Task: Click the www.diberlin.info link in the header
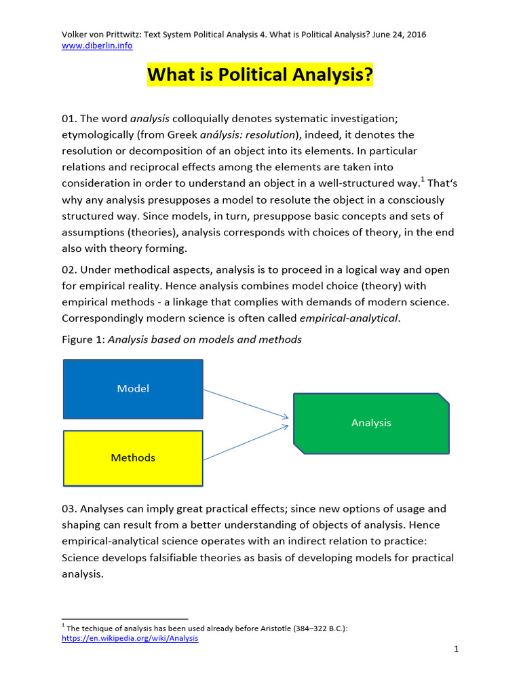click(97, 45)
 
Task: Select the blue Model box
click(133, 389)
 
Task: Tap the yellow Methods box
click(133, 458)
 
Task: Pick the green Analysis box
click(371, 423)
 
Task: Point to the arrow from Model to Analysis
click(246, 404)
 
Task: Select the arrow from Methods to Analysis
click(246, 443)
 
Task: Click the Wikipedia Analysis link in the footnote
click(130, 638)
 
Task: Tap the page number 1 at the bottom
click(457, 650)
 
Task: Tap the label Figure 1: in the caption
click(83, 339)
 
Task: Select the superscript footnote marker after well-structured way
click(422, 180)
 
